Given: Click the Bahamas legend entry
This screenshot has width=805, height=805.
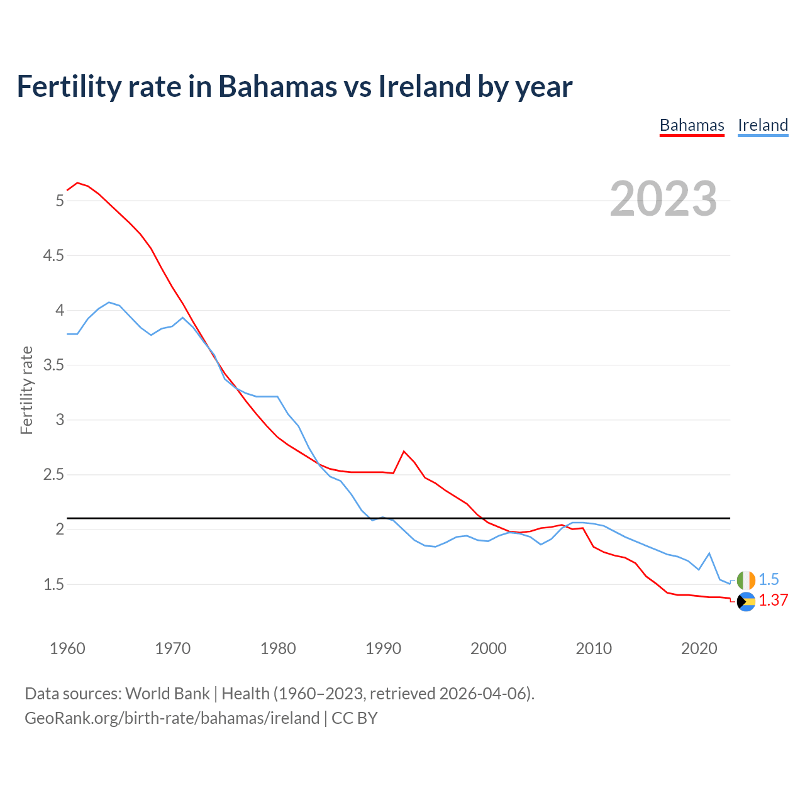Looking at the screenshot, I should pyautogui.click(x=692, y=125).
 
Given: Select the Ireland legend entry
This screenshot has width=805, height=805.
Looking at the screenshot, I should pyautogui.click(x=763, y=125).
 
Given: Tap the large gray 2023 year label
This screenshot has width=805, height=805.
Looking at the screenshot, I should pyautogui.click(x=663, y=199).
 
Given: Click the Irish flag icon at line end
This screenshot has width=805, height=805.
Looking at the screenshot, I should pyautogui.click(x=746, y=580).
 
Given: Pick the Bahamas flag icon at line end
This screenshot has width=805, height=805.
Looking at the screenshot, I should pyautogui.click(x=746, y=601).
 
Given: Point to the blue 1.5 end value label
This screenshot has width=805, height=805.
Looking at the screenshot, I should pyautogui.click(x=769, y=580).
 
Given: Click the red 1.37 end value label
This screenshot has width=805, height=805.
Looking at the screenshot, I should pyautogui.click(x=774, y=601).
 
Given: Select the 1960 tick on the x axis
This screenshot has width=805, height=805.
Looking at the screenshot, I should pyautogui.click(x=67, y=648).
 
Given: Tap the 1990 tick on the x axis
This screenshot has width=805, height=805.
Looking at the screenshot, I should pyautogui.click(x=383, y=648).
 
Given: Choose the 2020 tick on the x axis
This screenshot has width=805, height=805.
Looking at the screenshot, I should pyautogui.click(x=699, y=648).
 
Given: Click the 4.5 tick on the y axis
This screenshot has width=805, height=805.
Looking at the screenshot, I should pyautogui.click(x=53, y=255).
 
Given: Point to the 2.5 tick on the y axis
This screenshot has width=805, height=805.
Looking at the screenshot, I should pyautogui.click(x=53, y=474).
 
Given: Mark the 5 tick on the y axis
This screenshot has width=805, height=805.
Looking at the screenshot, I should pyautogui.click(x=60, y=201).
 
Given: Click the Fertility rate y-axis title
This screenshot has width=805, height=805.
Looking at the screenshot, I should pyautogui.click(x=26, y=390).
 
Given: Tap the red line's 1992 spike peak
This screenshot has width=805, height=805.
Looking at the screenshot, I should pyautogui.click(x=404, y=451).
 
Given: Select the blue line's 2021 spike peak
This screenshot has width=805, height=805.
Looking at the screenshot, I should pyautogui.click(x=709, y=553).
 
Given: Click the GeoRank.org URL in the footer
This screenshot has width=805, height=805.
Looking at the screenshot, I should pyautogui.click(x=172, y=718).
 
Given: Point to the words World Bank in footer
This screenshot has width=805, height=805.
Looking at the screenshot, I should pyautogui.click(x=167, y=694).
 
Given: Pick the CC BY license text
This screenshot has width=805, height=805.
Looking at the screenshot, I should pyautogui.click(x=355, y=718).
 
